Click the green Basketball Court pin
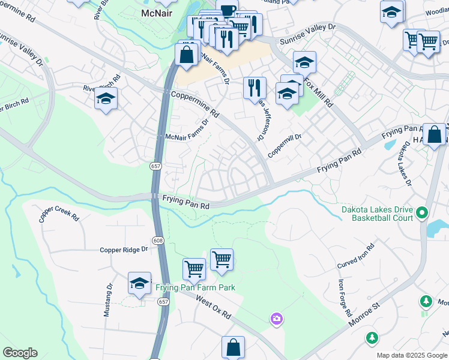(422, 212)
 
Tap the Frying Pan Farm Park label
(195, 287)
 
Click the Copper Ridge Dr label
(124, 250)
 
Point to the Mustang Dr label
(109, 300)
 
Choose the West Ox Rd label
(213, 306)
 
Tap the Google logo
(20, 353)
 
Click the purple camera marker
(276, 317)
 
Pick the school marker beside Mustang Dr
(139, 283)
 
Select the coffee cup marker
(228, 10)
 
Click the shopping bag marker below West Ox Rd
(233, 347)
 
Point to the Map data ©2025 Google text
(411, 355)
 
